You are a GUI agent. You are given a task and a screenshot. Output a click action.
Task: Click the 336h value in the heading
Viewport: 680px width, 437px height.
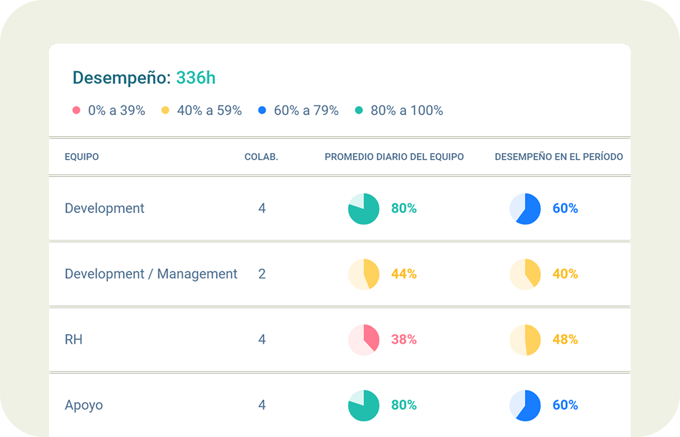pyautogui.click(x=196, y=78)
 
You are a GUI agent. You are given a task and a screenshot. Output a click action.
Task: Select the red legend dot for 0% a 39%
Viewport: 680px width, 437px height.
pyautogui.click(x=77, y=110)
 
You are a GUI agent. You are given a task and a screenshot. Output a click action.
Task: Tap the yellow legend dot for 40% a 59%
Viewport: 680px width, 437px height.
pyautogui.click(x=165, y=110)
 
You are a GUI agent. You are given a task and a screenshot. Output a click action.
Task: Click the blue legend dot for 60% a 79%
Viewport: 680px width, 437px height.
pyautogui.click(x=262, y=110)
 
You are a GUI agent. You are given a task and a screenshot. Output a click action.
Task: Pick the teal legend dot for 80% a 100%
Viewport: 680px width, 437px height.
pyautogui.click(x=359, y=110)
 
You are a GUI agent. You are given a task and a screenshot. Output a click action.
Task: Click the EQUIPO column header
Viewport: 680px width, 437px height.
pyautogui.click(x=82, y=157)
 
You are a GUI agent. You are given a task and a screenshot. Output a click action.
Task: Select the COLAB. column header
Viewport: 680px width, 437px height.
pyautogui.click(x=261, y=157)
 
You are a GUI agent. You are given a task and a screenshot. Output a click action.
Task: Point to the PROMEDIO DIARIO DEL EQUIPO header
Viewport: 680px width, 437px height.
pyautogui.click(x=394, y=157)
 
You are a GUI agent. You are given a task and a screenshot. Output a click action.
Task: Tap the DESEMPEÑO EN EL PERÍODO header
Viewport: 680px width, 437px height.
pyautogui.click(x=559, y=157)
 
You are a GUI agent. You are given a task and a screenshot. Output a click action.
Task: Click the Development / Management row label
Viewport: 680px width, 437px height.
pyautogui.click(x=151, y=274)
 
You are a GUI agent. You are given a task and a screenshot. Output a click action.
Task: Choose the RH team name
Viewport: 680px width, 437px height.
pyautogui.click(x=73, y=340)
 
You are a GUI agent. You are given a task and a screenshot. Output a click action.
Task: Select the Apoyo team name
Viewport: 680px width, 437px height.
pyautogui.click(x=84, y=406)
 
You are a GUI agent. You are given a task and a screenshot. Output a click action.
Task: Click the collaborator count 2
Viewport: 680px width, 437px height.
pyautogui.click(x=262, y=274)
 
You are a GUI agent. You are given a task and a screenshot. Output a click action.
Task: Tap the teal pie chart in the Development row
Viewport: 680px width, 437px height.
pyautogui.click(x=364, y=209)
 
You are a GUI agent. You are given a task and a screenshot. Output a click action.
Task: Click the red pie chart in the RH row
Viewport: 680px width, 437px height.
pyautogui.click(x=364, y=340)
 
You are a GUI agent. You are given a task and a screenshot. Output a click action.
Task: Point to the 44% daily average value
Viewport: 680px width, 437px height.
pyautogui.click(x=404, y=274)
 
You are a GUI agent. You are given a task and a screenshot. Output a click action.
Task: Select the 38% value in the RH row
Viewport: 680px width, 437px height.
pyautogui.click(x=404, y=340)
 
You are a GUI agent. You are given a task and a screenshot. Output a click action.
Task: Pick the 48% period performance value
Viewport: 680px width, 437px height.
pyautogui.click(x=565, y=340)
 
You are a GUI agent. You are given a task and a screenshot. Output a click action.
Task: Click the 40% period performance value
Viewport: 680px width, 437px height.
pyautogui.click(x=565, y=274)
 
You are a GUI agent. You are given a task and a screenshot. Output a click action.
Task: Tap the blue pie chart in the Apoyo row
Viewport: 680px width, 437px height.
pyautogui.click(x=525, y=406)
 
